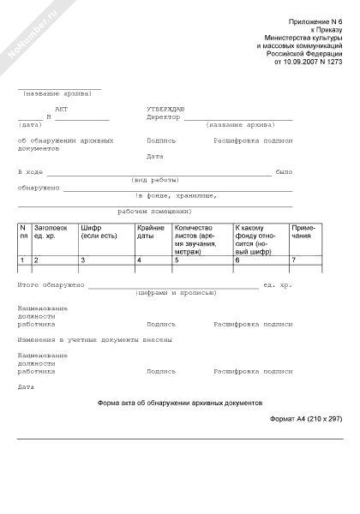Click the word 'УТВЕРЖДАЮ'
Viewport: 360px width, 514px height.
(x=166, y=111)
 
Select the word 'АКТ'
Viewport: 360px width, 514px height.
(x=60, y=111)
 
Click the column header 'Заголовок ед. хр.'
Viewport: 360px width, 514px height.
(x=50, y=232)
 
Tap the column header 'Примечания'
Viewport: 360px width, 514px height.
(x=304, y=232)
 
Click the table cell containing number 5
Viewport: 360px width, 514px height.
(x=202, y=260)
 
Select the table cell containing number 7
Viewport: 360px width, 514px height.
(x=304, y=260)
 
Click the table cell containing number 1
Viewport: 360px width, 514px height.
(x=24, y=260)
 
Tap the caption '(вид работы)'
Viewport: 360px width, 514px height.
(x=150, y=180)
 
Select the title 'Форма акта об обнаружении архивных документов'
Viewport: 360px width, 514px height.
(x=180, y=402)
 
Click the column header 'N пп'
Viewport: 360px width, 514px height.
(x=24, y=232)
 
